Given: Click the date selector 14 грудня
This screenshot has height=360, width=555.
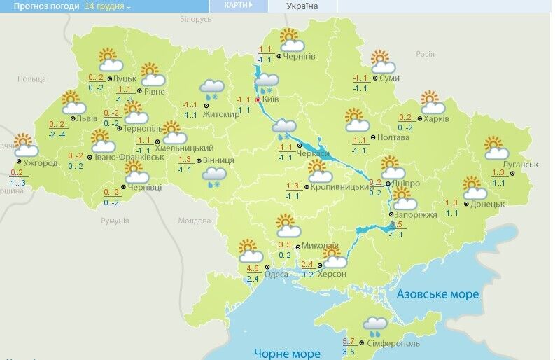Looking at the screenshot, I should pos(108,6).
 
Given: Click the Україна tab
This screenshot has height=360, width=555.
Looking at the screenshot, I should pos(302,6).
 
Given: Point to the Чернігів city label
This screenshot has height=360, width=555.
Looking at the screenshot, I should pos(301,55).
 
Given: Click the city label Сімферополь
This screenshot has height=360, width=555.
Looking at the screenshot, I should pos(393,344).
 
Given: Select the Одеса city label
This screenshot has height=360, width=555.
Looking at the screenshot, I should pos(277,274).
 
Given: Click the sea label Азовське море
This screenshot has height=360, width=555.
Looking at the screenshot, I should pos(437,295).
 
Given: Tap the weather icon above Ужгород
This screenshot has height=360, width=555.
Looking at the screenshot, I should pos(26,145).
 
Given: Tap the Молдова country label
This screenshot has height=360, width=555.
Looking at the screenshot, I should pos(194,221).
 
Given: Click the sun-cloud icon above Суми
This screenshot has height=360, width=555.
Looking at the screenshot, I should pos(381,62).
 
